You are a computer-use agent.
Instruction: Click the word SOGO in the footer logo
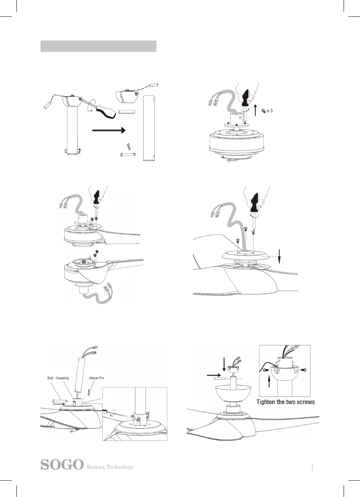[62, 465]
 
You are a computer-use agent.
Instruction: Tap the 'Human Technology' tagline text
[110, 467]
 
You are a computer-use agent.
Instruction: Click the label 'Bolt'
[48, 378]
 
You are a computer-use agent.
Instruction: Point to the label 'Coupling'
[62, 378]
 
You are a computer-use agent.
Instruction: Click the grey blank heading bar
[98, 46]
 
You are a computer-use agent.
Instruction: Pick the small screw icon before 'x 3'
[263, 111]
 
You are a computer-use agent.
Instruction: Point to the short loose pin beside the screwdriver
[127, 113]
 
